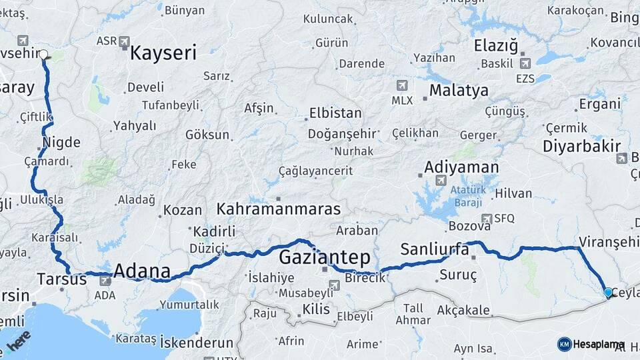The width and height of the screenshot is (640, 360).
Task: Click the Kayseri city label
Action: [163, 53]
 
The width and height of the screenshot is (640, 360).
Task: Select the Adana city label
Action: [141, 271]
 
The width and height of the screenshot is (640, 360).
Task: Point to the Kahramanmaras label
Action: [279, 209]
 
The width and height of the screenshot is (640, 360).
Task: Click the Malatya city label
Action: [459, 90]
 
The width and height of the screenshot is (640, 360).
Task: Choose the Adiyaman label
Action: [461, 167]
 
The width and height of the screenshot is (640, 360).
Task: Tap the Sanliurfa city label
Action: [435, 249]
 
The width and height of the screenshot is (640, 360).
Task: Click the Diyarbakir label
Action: [581, 146]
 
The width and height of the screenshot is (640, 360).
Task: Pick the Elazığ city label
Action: [495, 46]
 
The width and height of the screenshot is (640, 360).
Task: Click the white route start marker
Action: [44, 55]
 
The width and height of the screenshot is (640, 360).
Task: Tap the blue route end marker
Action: [607, 292]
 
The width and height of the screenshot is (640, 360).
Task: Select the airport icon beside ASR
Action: [125, 42]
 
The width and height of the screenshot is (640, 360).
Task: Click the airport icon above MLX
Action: [401, 85]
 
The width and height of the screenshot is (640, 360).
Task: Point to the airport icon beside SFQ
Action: [487, 218]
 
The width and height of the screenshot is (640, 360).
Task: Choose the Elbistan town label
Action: [335, 113]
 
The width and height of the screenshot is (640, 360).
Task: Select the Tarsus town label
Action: [62, 279]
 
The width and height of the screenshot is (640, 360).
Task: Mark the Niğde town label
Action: [61, 142]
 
